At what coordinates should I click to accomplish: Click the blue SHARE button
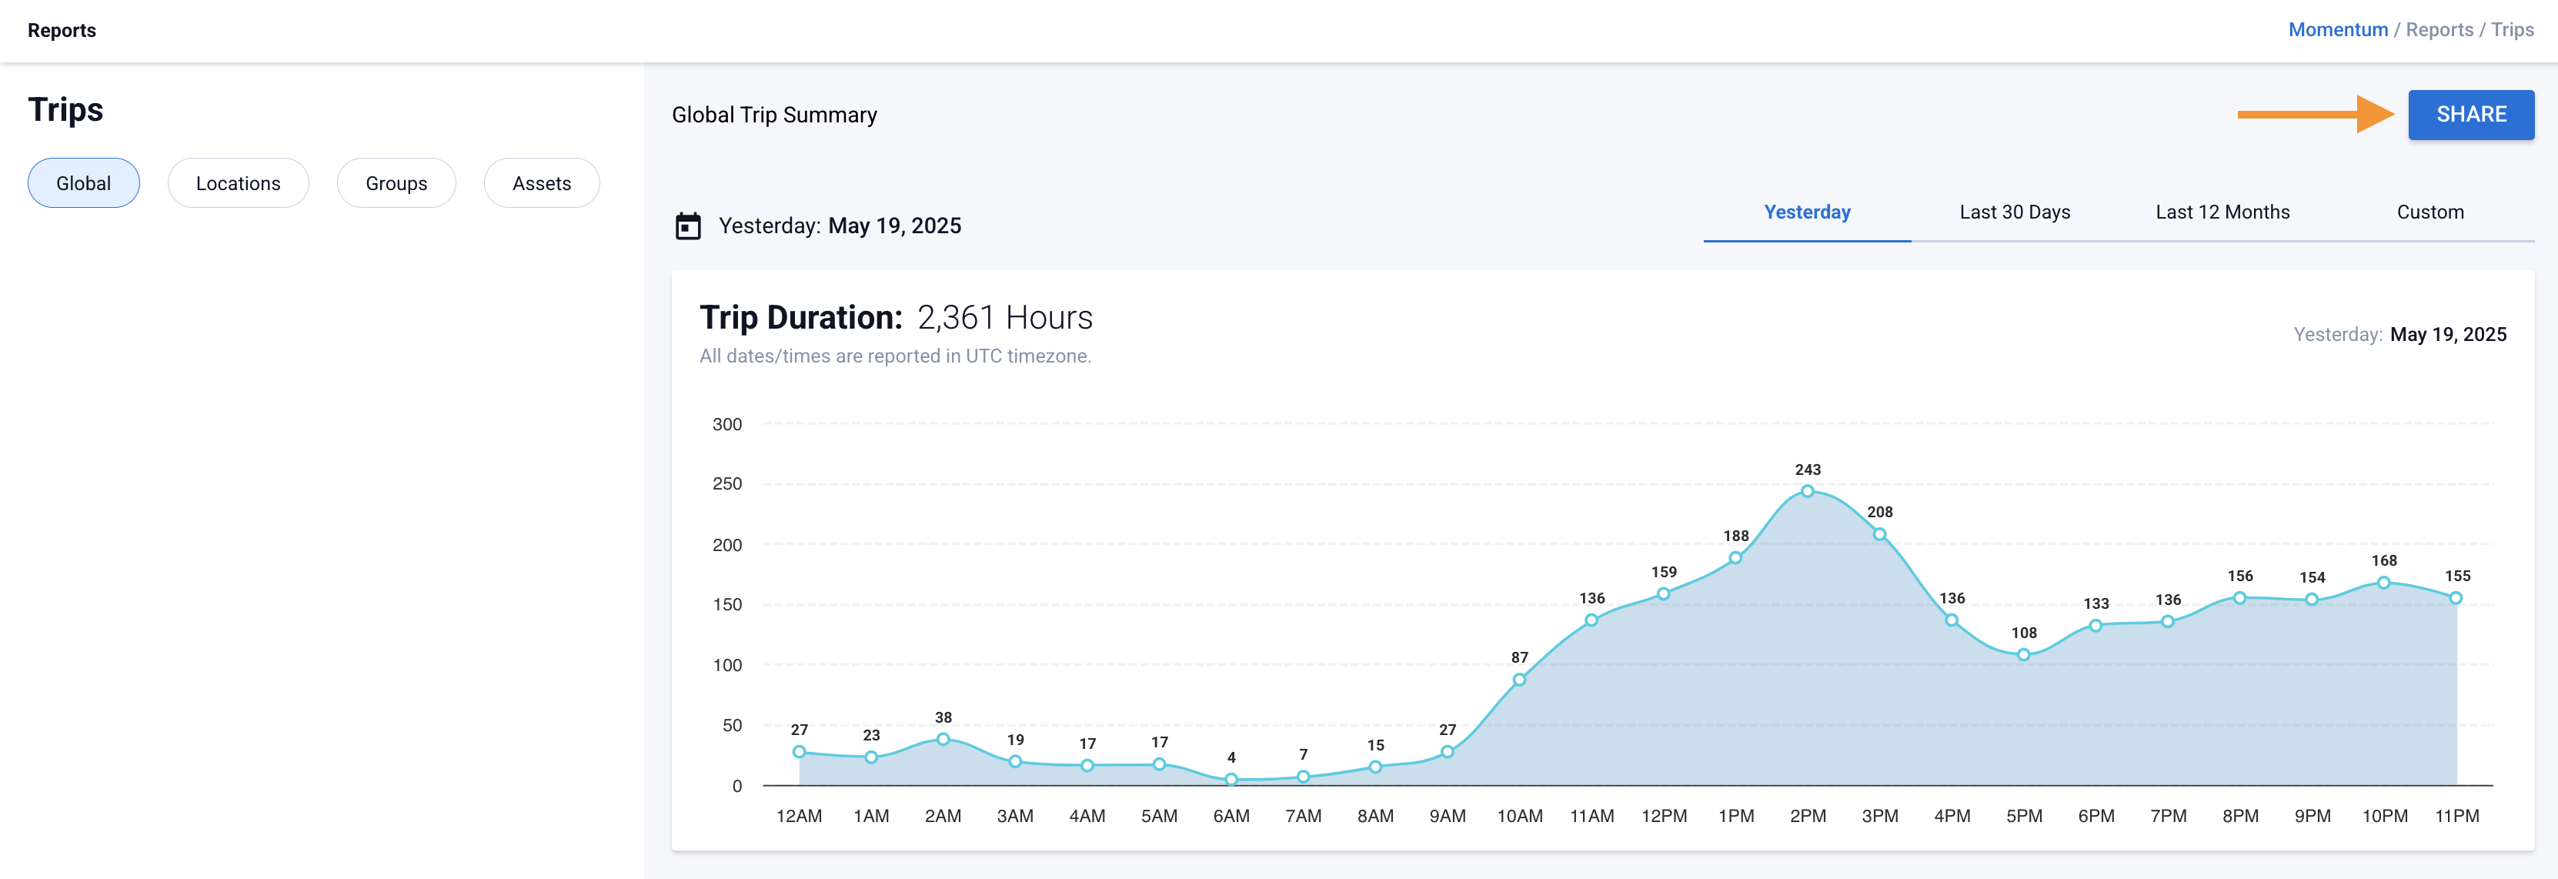(x=2470, y=114)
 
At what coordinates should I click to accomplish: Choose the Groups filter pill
(x=396, y=182)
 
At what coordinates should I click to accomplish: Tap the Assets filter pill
(x=541, y=182)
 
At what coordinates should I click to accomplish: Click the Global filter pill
(x=83, y=182)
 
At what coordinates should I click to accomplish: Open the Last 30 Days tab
(x=2014, y=212)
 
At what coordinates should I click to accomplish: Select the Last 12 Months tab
(x=2222, y=212)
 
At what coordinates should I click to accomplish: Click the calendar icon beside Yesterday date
(x=687, y=226)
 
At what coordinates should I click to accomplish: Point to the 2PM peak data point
(x=1807, y=490)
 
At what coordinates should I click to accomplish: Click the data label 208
(x=1878, y=512)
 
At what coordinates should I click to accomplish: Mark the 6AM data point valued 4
(x=1231, y=780)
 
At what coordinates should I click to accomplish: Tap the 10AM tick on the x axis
(x=1519, y=815)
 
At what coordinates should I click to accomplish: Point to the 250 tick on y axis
(x=727, y=483)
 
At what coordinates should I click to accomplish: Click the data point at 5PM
(x=2022, y=654)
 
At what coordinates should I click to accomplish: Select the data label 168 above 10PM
(x=2383, y=560)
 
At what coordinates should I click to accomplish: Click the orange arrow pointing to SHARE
(x=2314, y=114)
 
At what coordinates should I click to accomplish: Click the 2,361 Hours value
(x=1004, y=317)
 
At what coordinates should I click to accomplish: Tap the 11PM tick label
(x=2456, y=815)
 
